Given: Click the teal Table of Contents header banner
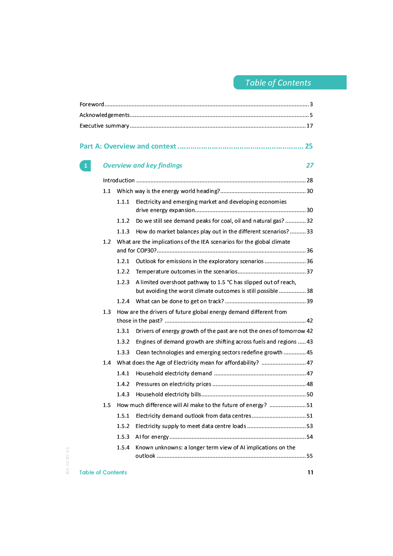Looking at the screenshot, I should pyautogui.click(x=290, y=82).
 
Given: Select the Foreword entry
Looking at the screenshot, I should pyautogui.click(x=92, y=104).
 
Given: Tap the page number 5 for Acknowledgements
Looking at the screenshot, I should pyautogui.click(x=311, y=115).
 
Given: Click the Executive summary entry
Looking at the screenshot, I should pyautogui.click(x=104, y=126).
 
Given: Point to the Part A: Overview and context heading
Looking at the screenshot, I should pyautogui.click(x=128, y=146).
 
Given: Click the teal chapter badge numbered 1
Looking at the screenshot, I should pyautogui.click(x=85, y=166).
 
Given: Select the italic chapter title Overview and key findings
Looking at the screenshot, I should pyautogui.click(x=143, y=165).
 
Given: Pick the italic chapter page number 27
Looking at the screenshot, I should pyautogui.click(x=309, y=165).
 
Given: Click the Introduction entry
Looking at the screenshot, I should pyautogui.click(x=119, y=180).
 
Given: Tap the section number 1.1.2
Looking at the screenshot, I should pyautogui.click(x=123, y=221).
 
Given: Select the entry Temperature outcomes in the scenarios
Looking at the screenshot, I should pyautogui.click(x=186, y=271).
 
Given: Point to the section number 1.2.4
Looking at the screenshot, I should pyautogui.click(x=123, y=301).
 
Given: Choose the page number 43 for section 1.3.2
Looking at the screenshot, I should pyautogui.click(x=309, y=342).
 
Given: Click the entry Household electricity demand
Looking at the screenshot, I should pyautogui.click(x=174, y=373).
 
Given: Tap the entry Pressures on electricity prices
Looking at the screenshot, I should pyautogui.click(x=173, y=384).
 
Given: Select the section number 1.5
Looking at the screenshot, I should pyautogui.click(x=107, y=405).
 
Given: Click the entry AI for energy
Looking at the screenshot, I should pyautogui.click(x=152, y=437).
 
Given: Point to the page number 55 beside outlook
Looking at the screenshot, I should pyautogui.click(x=309, y=456).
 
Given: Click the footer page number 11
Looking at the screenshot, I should pyautogui.click(x=310, y=472).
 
